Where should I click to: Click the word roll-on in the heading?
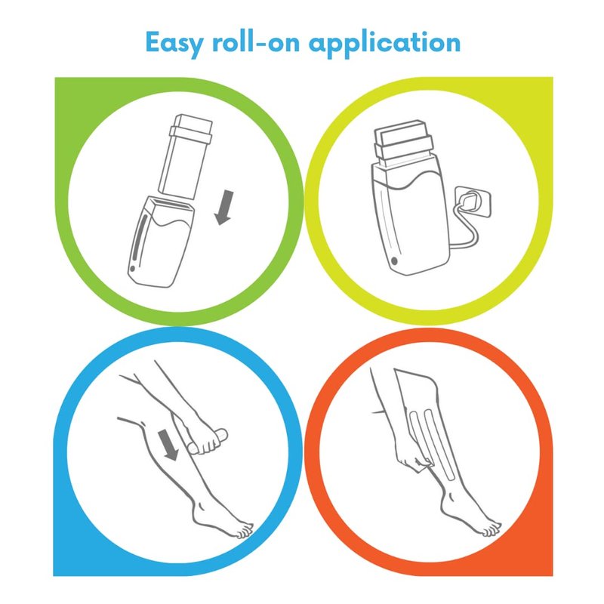coord(256,42)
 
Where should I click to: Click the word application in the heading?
coord(385,44)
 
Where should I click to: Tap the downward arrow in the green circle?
coord(224,207)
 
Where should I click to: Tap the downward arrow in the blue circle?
coord(168,445)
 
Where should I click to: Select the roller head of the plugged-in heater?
coord(403,143)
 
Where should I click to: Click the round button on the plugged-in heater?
coord(394,260)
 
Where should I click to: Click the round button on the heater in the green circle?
coord(132,269)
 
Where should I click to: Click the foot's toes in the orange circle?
coord(492,528)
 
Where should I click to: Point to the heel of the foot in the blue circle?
coord(196,516)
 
